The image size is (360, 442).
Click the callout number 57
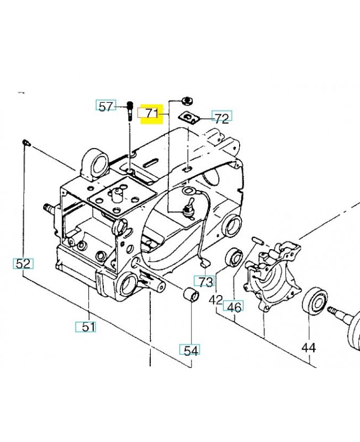click(x=106, y=107)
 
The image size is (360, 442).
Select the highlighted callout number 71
click(x=152, y=113)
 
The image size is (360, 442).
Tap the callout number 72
click(x=222, y=118)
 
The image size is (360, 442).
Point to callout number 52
click(x=23, y=264)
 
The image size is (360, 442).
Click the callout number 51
click(x=89, y=327)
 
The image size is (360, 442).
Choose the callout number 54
click(x=191, y=351)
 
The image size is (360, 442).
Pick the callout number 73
click(x=205, y=282)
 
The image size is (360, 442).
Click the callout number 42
click(x=216, y=300)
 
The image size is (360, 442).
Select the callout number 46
click(x=234, y=307)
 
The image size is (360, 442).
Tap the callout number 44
click(x=309, y=348)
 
